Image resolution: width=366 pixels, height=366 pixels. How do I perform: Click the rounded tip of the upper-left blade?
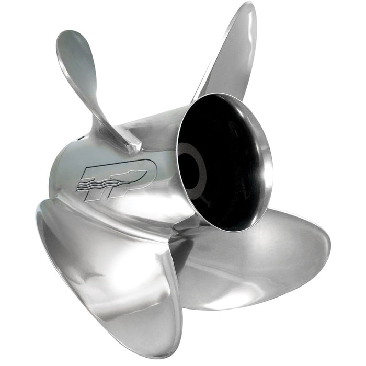71,39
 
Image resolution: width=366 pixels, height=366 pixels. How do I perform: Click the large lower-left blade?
105,272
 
